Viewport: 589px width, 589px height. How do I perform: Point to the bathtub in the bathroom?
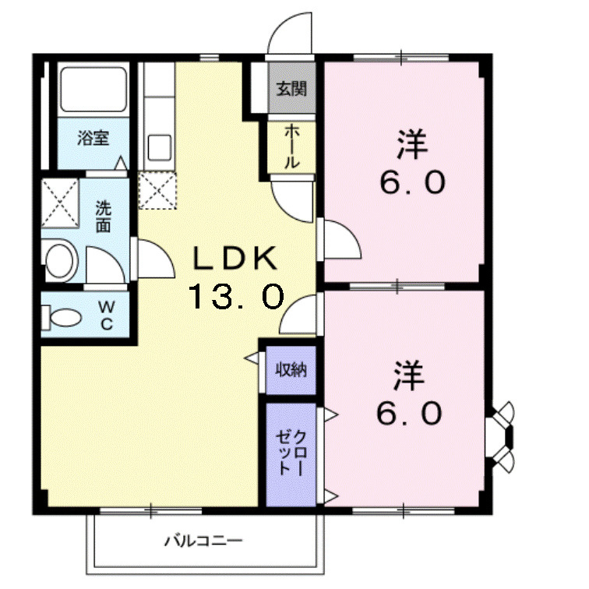[x=93, y=90]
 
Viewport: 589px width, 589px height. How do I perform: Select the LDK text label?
[x=235, y=256]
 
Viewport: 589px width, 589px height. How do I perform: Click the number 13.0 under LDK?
[x=235, y=296]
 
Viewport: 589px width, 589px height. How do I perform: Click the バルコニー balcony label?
[x=204, y=540]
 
